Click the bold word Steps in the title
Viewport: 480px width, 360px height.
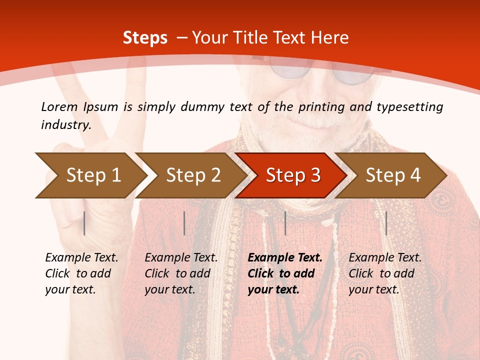click(x=145, y=38)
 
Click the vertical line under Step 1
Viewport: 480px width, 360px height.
click(x=84, y=223)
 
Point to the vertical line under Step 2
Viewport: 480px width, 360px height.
click(x=184, y=223)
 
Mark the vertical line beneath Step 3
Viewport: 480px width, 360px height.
click(x=285, y=223)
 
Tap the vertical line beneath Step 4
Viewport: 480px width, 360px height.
click(x=386, y=223)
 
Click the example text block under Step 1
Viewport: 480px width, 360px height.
click(x=81, y=273)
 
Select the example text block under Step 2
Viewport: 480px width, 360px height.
click(x=181, y=273)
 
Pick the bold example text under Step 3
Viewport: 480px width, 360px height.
click(x=285, y=273)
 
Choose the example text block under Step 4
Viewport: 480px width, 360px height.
click(x=385, y=273)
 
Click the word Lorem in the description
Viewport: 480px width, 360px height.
click(x=59, y=106)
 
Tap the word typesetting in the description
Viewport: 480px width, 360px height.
click(x=409, y=106)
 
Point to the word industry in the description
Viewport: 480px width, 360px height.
click(x=66, y=125)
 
